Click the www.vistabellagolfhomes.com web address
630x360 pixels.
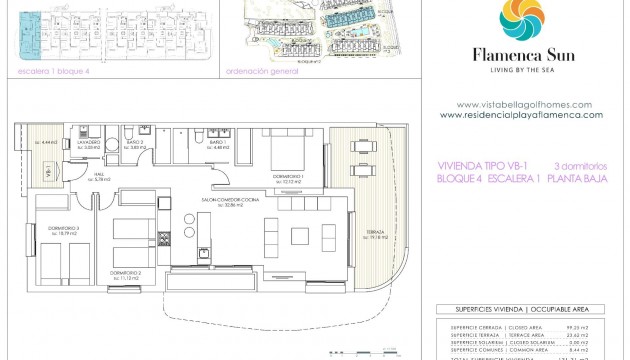(524, 104)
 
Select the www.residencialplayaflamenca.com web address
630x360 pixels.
(521, 114)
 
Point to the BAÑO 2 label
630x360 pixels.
(135, 143)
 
